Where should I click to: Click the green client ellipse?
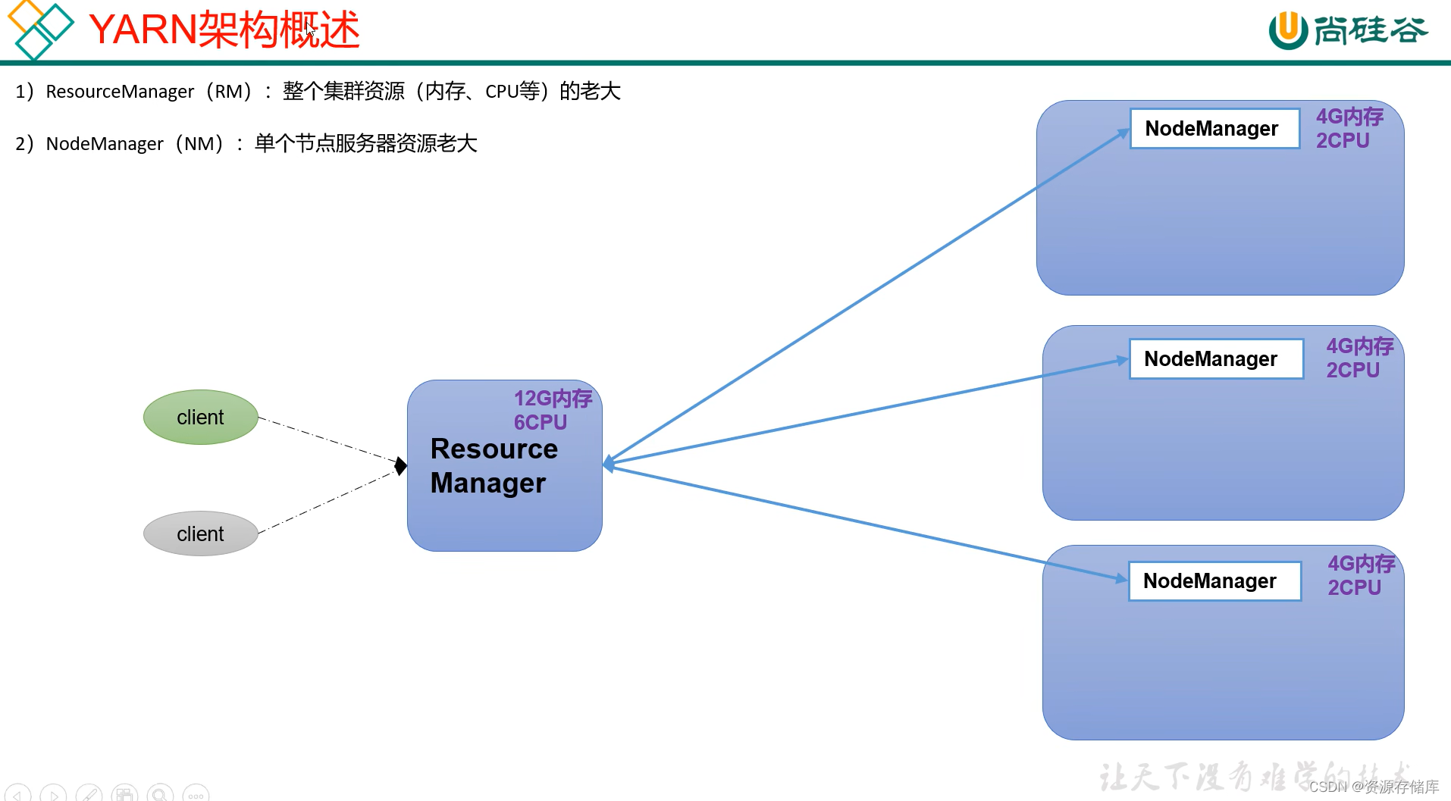pos(200,417)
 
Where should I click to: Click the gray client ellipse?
pos(200,533)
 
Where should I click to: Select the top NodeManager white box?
pos(1214,128)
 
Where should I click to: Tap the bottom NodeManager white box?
pos(1214,581)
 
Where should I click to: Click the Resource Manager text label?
pos(494,465)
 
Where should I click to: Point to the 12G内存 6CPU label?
pos(552,410)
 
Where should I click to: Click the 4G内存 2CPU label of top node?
pos(1349,128)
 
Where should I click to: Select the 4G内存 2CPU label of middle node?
pos(1359,358)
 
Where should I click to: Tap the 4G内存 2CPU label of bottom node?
pos(1361,575)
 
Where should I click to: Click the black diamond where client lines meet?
pos(401,465)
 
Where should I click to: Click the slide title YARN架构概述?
pos(224,30)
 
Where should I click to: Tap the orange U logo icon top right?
pos(1287,30)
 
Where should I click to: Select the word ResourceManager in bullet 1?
pos(120,92)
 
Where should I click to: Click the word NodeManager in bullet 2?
pos(105,144)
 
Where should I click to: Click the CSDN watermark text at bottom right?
pos(1373,787)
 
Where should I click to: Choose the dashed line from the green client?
pos(326,439)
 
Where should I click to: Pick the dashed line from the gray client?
pos(326,502)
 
